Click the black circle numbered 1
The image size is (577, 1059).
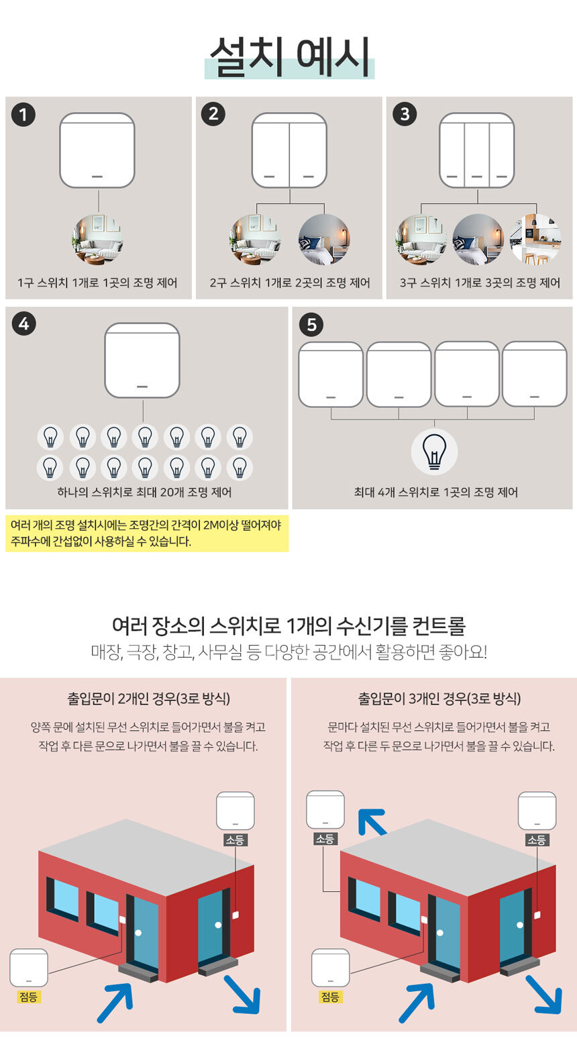(x=23, y=115)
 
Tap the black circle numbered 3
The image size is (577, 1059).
(x=405, y=114)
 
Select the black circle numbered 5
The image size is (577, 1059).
(x=311, y=325)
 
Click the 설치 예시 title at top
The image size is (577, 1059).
(x=289, y=57)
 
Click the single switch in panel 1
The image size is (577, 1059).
(x=97, y=150)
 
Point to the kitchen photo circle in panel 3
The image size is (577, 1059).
(x=536, y=239)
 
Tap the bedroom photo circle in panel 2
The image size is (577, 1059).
(x=324, y=239)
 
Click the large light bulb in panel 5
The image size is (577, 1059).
(x=434, y=452)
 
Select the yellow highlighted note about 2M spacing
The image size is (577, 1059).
(x=147, y=534)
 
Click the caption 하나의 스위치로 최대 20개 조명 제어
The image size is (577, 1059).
(x=145, y=492)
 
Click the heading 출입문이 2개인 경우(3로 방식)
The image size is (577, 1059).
(x=148, y=698)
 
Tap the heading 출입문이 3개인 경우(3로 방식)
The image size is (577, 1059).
(x=439, y=698)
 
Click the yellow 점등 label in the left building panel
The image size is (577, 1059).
(x=28, y=997)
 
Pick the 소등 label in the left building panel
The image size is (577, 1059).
(x=235, y=840)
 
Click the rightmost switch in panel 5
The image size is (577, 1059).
(x=535, y=374)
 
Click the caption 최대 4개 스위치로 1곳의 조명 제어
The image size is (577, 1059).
(x=435, y=492)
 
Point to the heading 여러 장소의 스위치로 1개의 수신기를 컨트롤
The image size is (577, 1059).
(x=288, y=625)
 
